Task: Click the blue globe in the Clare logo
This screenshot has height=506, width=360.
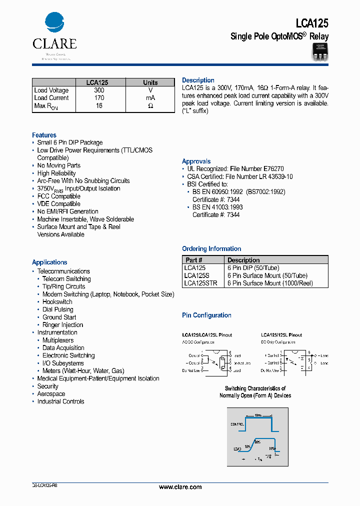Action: coord(54,23)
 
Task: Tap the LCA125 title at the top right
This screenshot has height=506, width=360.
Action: coord(311,23)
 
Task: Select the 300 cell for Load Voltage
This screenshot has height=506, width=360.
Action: coord(99,90)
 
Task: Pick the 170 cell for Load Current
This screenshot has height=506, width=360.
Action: coord(99,98)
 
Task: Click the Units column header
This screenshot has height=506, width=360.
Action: coord(150,82)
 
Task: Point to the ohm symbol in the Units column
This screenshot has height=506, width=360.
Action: coord(150,106)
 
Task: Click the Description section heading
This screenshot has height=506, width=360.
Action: coord(198,80)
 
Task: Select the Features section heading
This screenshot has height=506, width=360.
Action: coord(44,135)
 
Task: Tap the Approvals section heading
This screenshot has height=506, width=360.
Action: coord(196,161)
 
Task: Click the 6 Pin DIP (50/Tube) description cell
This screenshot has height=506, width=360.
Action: coord(253,268)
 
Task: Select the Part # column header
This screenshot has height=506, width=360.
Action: coord(194,260)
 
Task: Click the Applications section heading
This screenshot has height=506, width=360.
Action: coord(49,262)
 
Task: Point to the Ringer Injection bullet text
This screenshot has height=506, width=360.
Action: coord(62,325)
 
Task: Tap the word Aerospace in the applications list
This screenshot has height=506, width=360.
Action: coord(51,394)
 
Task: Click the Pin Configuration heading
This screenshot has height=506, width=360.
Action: coord(206,315)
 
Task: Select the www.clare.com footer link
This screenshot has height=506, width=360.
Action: coord(180,487)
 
